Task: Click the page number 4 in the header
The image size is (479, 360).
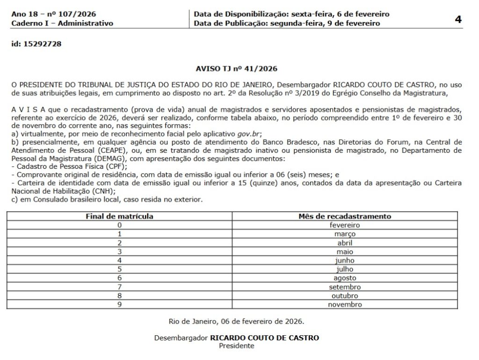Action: coord(458,19)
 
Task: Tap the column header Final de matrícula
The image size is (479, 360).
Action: coord(119,216)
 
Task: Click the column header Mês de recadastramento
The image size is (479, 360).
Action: coord(345,216)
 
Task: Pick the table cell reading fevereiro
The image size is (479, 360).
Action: coord(345,225)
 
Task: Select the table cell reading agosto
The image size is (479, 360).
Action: coord(345,278)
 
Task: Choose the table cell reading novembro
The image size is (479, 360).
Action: coord(345,304)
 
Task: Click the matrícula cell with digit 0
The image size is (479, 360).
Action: coord(120,225)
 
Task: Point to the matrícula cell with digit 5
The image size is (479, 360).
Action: coord(120,269)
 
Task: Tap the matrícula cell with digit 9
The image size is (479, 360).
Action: coord(120,304)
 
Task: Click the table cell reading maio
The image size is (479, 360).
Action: coord(345,252)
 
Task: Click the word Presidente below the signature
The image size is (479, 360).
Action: coord(236,346)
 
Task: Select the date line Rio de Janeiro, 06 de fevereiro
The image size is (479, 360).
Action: coord(236,322)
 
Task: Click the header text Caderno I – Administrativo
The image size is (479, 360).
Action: coord(62,23)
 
